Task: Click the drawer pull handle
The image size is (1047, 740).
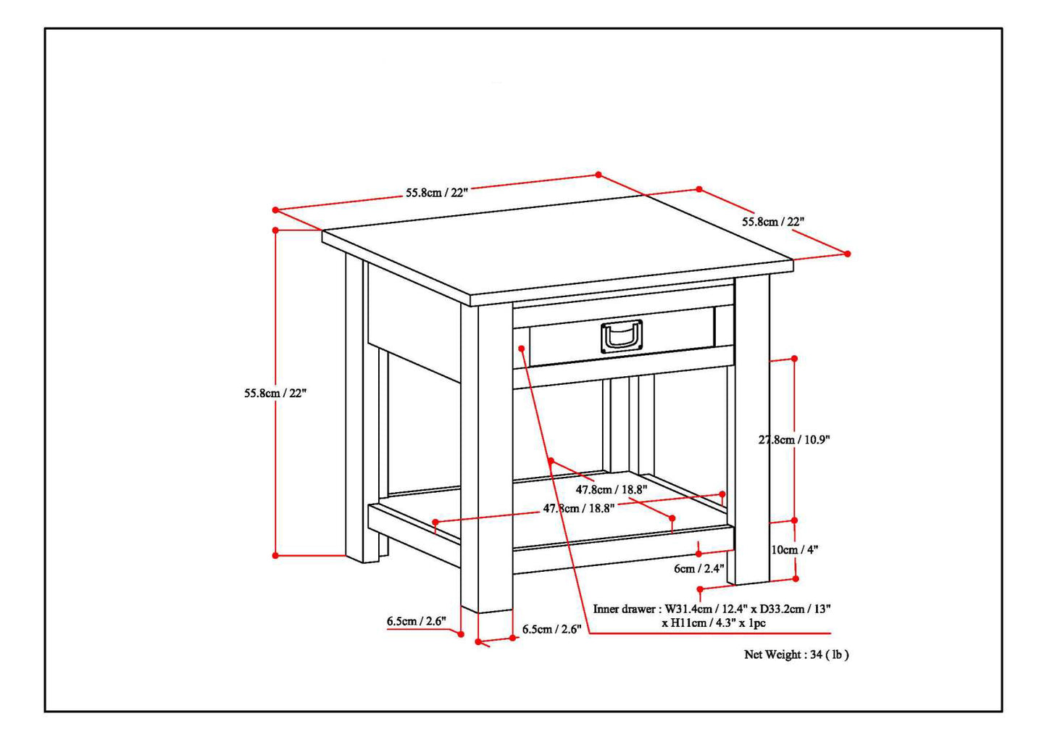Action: pyautogui.click(x=622, y=336)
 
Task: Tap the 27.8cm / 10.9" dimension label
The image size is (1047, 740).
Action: pyautogui.click(x=794, y=439)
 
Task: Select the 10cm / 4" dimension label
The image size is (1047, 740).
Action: pyautogui.click(x=794, y=549)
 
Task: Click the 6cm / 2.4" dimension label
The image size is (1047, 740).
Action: pyautogui.click(x=698, y=568)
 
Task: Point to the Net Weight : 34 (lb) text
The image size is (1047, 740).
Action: pyautogui.click(x=796, y=654)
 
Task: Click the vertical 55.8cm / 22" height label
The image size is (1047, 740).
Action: pyautogui.click(x=275, y=393)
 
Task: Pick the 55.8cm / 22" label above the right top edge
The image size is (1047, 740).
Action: pyautogui.click(x=772, y=221)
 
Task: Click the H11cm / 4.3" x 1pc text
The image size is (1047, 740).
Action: pyautogui.click(x=713, y=623)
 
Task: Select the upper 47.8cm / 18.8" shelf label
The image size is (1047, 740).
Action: pyautogui.click(x=612, y=489)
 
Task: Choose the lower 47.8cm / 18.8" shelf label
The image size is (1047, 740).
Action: pyautogui.click(x=579, y=508)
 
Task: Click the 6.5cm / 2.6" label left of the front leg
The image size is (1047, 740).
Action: pyautogui.click(x=415, y=621)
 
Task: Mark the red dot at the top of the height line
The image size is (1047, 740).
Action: pyautogui.click(x=275, y=230)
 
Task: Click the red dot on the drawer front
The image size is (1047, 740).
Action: pyautogui.click(x=522, y=349)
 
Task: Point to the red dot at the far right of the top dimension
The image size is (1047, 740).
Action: pyautogui.click(x=848, y=254)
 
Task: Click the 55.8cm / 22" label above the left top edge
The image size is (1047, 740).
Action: pyautogui.click(x=437, y=193)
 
